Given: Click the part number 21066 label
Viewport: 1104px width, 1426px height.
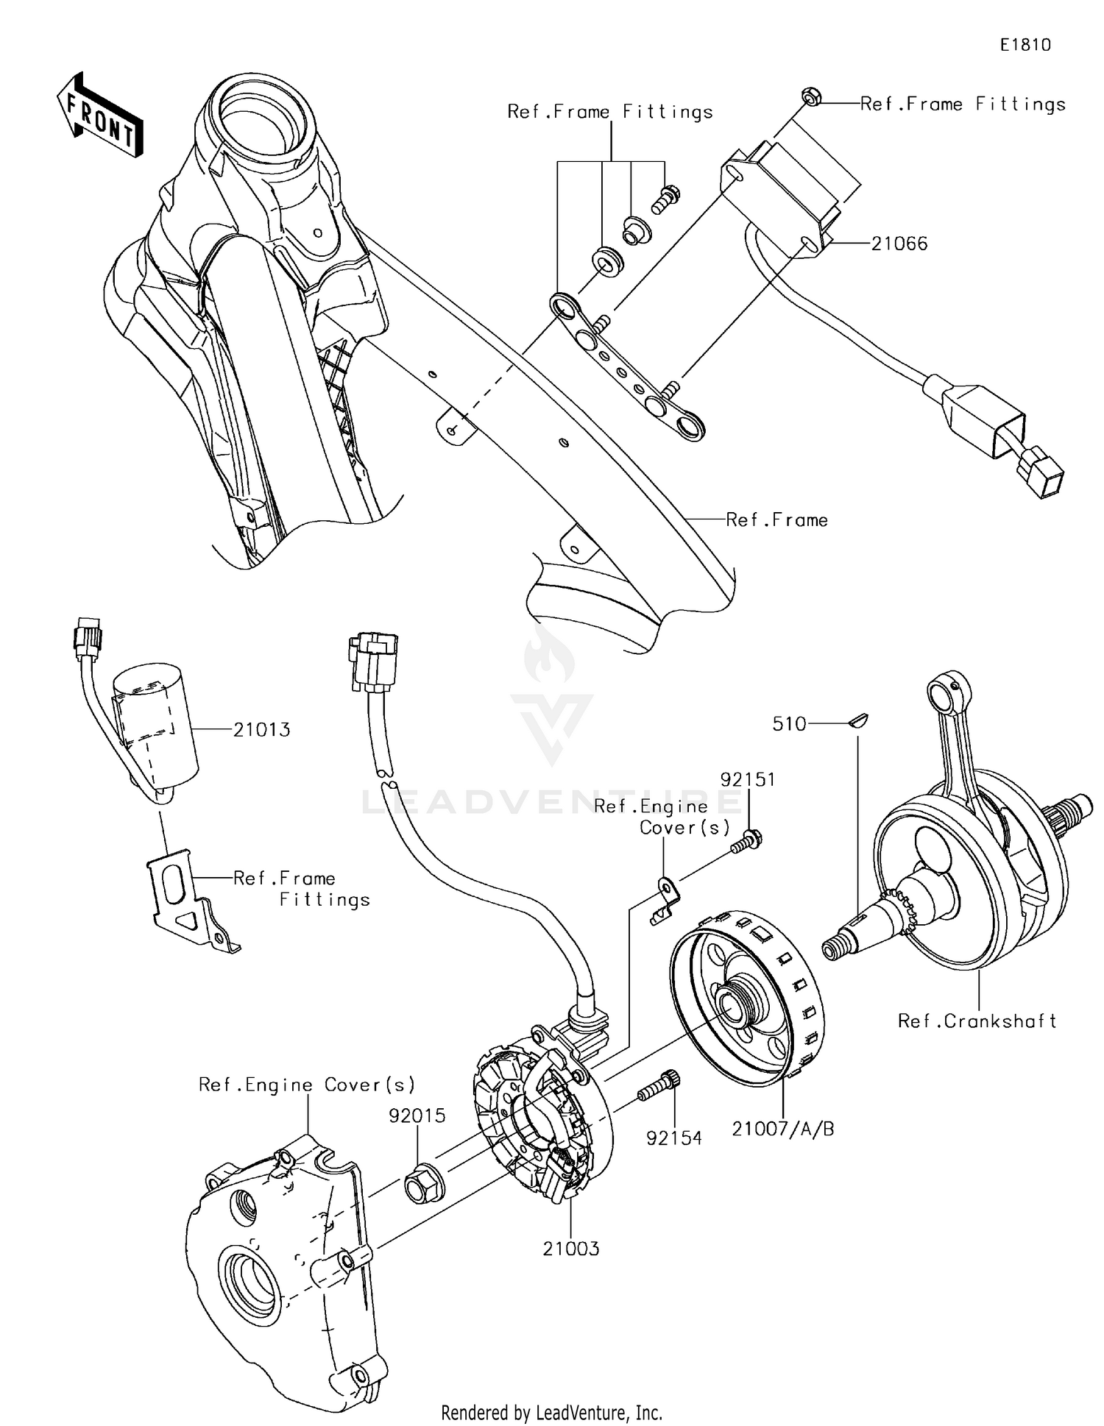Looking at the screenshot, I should tap(899, 244).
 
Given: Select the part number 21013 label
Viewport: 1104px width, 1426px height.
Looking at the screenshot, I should tap(261, 730).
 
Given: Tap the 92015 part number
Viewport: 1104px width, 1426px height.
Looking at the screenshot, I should tap(417, 1115).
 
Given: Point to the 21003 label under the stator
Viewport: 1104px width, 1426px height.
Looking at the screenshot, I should tap(571, 1249).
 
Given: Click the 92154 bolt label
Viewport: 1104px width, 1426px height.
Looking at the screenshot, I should tap(673, 1138).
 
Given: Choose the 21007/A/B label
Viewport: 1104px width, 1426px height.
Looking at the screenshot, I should tap(783, 1129).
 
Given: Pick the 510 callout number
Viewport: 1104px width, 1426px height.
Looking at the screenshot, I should tap(789, 724).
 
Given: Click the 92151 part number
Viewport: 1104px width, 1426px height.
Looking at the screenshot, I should tap(747, 779).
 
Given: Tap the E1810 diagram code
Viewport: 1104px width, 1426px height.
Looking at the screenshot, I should tap(1025, 45).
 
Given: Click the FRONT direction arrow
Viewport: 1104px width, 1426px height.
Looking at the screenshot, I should tap(99, 118).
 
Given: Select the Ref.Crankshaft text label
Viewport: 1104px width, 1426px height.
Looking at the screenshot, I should tap(977, 1021).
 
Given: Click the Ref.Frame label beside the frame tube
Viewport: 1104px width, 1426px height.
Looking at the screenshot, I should tap(776, 520).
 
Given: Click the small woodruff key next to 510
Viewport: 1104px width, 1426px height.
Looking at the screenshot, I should tap(858, 720).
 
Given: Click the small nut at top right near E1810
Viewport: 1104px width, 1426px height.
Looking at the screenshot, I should tap(810, 97).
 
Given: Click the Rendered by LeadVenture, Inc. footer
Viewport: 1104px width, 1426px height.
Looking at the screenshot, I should tap(551, 1412).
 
